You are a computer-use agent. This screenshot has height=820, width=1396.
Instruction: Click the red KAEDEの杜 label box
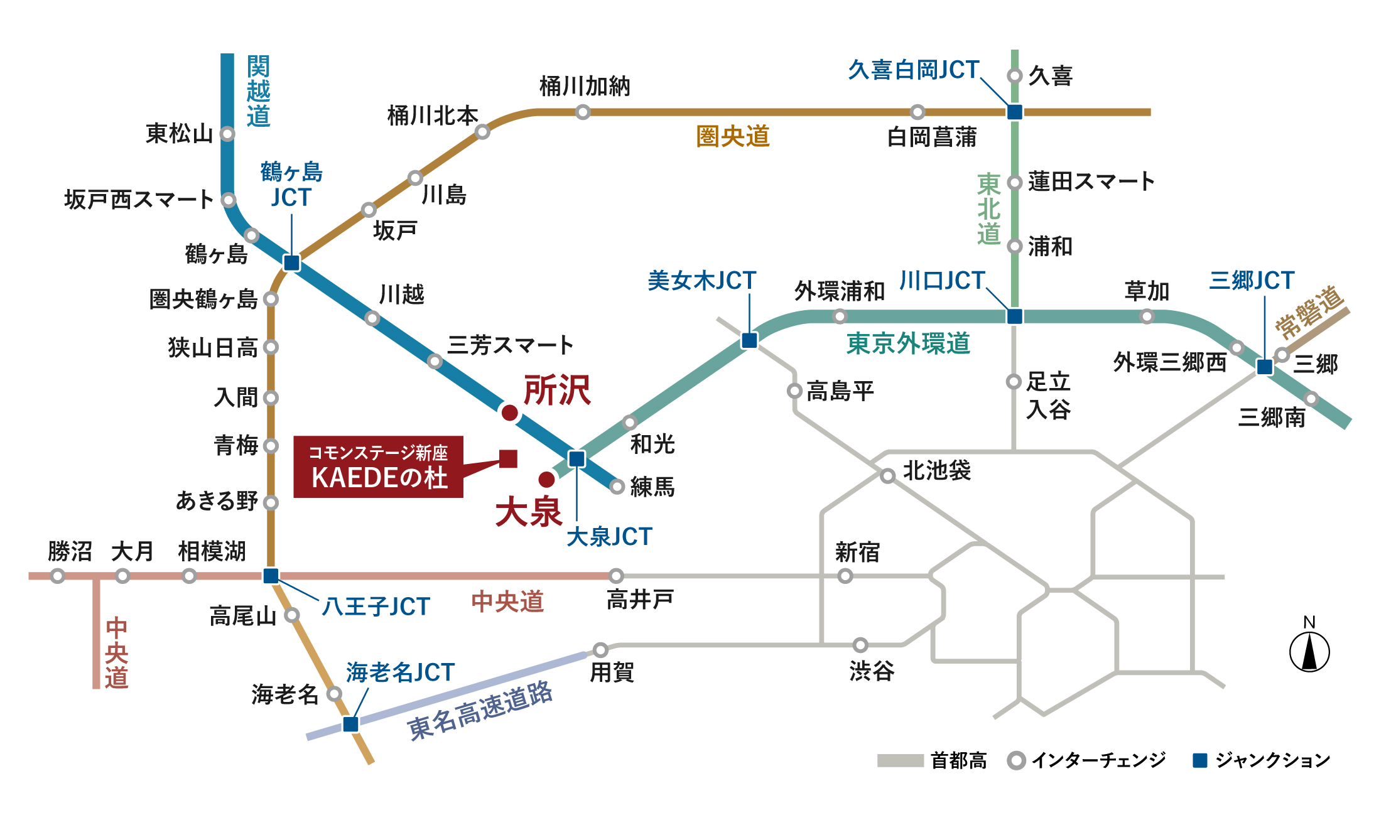pos(378,467)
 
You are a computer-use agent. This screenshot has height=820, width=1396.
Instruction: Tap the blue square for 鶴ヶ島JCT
pos(291,262)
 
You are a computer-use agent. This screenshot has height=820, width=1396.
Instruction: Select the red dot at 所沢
pos(510,413)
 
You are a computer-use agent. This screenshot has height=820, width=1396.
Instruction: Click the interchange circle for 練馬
pos(617,486)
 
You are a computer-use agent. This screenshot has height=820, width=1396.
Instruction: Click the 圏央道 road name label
pos(733,136)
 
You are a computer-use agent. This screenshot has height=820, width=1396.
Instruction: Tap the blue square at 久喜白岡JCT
pos(1015,112)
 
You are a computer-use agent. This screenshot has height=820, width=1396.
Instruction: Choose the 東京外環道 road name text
pos(908,343)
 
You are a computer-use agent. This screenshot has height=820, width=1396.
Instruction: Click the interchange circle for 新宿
pos(845,576)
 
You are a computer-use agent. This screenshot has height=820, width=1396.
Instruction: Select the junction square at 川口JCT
pos(1015,316)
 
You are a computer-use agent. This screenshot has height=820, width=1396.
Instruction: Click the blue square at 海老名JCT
pos(350,724)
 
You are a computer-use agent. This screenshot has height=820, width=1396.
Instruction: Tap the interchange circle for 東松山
pos(227,134)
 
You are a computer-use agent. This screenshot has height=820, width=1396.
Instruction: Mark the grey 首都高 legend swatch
pos(900,760)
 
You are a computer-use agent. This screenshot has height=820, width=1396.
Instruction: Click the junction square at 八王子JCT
pos(271,576)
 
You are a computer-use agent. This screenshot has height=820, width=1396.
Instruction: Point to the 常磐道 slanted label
pos(1309,311)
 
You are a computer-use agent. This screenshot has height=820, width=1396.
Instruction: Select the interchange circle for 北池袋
pos(887,476)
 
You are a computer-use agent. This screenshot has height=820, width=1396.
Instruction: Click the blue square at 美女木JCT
pos(749,340)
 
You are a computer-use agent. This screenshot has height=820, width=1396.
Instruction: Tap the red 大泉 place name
pos(528,512)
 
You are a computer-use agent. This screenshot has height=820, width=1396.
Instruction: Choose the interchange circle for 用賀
pos(600,649)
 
